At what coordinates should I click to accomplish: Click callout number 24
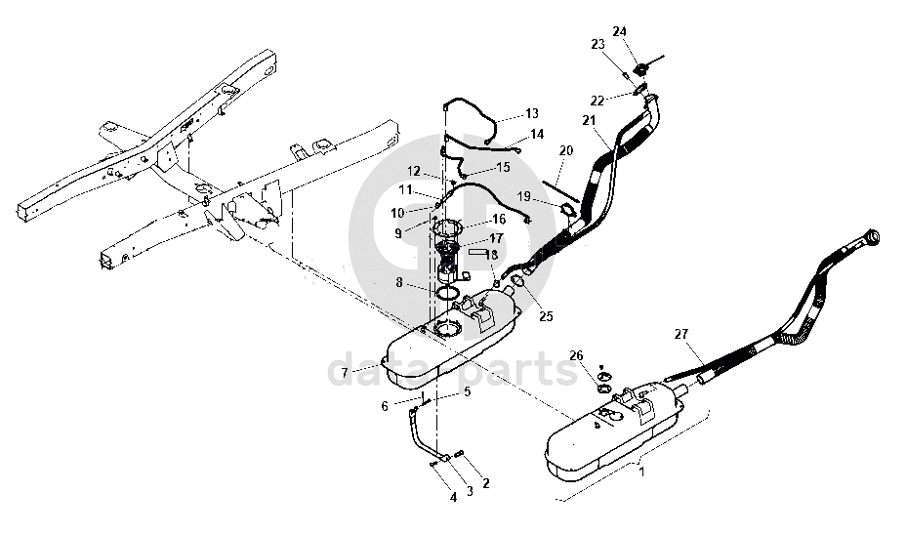click(x=619, y=31)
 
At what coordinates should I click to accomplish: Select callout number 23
click(x=597, y=44)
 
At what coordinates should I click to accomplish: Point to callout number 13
click(x=531, y=113)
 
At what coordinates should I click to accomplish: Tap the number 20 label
click(x=566, y=150)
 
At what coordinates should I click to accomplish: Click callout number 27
click(x=681, y=334)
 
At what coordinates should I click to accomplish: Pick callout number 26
click(x=577, y=355)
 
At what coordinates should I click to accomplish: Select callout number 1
click(x=641, y=471)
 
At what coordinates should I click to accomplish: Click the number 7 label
click(x=345, y=373)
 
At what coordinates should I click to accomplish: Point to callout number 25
click(x=546, y=316)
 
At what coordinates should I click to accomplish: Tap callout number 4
click(x=454, y=497)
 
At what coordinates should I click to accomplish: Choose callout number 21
click(x=589, y=120)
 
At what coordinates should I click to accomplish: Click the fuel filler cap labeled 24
click(x=640, y=70)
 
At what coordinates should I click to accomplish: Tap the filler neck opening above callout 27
click(x=873, y=237)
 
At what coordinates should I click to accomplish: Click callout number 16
click(x=499, y=219)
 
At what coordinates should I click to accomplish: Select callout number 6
click(x=385, y=406)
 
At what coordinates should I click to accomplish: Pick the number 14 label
click(x=537, y=134)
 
